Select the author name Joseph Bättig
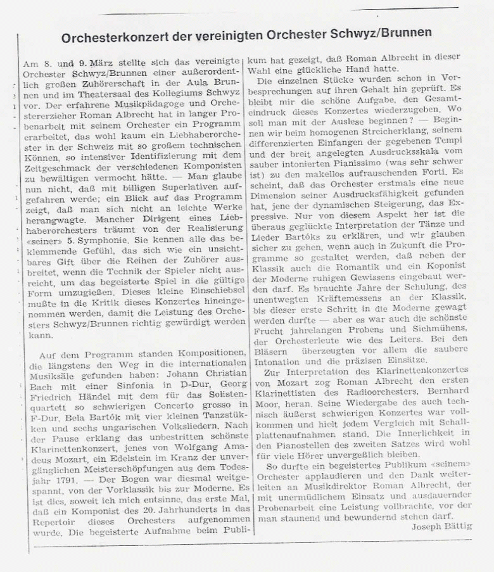(x=441, y=526)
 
